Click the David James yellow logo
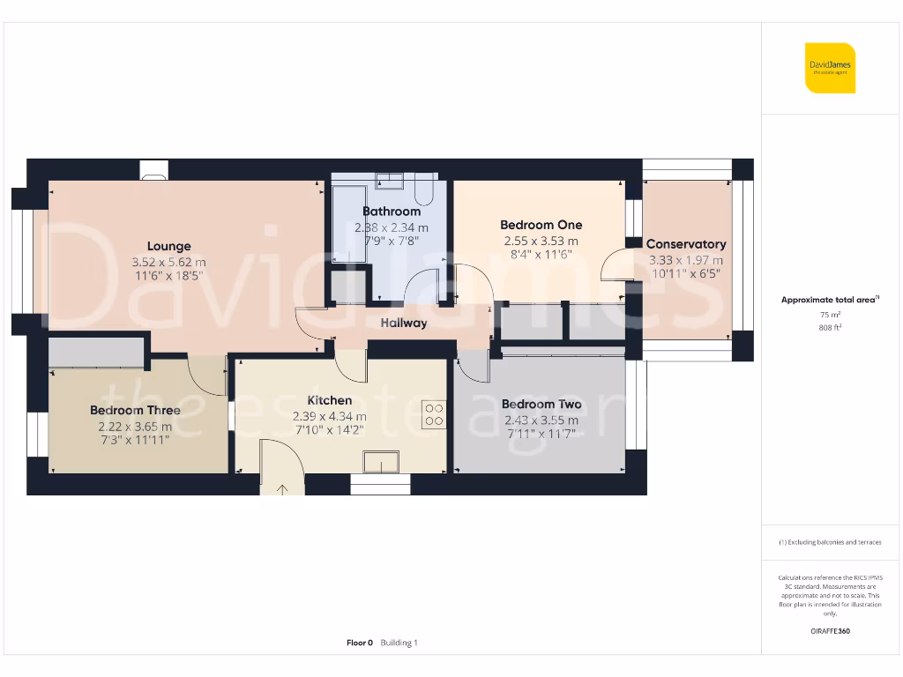click(x=830, y=68)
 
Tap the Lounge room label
click(x=168, y=247)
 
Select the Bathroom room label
click(x=392, y=212)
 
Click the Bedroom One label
click(x=541, y=225)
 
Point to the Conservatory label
click(x=686, y=244)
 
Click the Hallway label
click(x=404, y=324)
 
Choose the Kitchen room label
click(x=330, y=400)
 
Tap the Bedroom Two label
click(x=541, y=405)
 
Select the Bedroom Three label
click(x=135, y=410)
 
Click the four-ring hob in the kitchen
click(x=433, y=413)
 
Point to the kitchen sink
click(x=382, y=462)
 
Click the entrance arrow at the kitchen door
click(x=283, y=488)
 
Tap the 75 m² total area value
click(x=830, y=314)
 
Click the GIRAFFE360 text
click(x=830, y=631)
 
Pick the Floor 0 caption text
click(x=360, y=643)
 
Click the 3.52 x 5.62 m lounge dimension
click(x=168, y=262)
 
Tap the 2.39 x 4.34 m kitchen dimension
click(x=330, y=416)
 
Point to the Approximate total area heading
click(x=829, y=300)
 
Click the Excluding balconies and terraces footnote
click(x=830, y=542)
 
